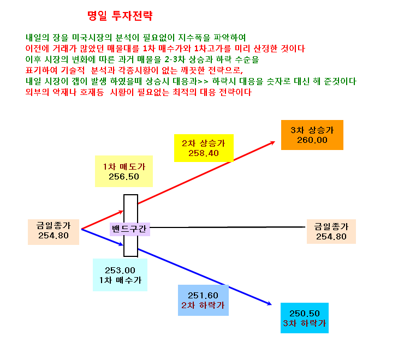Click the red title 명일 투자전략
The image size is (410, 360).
click(x=120, y=16)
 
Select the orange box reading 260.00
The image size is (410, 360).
click(x=312, y=135)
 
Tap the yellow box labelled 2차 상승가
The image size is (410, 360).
click(x=204, y=148)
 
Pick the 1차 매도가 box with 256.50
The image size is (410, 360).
click(x=124, y=171)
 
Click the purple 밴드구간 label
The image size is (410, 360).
click(x=130, y=229)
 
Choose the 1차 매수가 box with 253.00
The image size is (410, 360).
click(x=120, y=275)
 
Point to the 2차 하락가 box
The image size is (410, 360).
click(x=203, y=300)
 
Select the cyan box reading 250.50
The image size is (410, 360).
click(x=305, y=318)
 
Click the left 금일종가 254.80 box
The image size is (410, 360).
click(x=54, y=232)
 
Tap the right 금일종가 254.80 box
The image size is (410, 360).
click(x=331, y=231)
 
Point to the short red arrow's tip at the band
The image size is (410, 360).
click(x=123, y=211)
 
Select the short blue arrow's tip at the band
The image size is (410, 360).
click(x=123, y=245)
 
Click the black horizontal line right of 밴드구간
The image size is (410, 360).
click(x=228, y=227)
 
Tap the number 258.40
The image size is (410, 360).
click(x=204, y=153)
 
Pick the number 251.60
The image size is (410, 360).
click(x=203, y=296)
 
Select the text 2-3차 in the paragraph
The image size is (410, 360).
click(x=175, y=59)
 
